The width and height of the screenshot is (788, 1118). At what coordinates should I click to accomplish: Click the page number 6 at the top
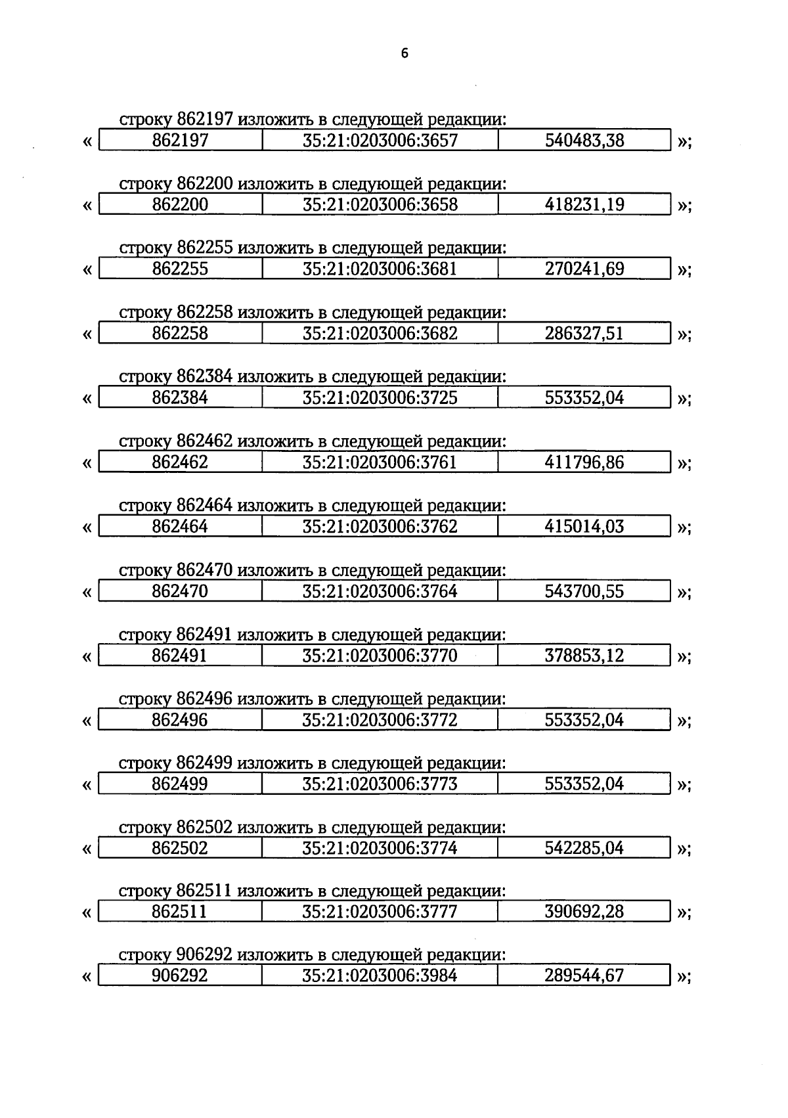tap(405, 54)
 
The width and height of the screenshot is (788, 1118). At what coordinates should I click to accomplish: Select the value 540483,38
tap(584, 140)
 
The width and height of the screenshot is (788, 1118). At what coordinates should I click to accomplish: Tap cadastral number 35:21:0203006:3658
tap(380, 204)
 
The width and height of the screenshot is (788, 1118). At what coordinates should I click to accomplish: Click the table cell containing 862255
tap(180, 269)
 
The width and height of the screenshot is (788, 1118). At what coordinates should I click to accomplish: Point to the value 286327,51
tap(584, 333)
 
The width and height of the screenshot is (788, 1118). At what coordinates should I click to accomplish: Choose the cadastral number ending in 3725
tap(380, 397)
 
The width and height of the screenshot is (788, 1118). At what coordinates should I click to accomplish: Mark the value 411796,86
tap(584, 462)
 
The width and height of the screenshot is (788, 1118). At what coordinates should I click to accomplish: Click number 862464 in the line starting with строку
tap(204, 506)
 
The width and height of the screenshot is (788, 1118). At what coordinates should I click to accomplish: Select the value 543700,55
tap(584, 591)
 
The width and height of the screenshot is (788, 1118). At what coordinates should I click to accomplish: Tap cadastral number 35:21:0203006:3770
tap(380, 656)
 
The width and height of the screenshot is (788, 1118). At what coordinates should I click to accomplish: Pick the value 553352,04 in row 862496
tap(584, 720)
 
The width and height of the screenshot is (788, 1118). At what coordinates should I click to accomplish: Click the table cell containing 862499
tap(180, 784)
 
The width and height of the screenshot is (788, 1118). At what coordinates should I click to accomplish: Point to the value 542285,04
tap(584, 848)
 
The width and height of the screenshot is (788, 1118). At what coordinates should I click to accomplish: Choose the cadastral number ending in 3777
tap(380, 912)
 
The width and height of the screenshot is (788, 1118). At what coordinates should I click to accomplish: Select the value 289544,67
tap(584, 975)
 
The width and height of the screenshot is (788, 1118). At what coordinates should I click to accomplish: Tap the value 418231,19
tap(584, 204)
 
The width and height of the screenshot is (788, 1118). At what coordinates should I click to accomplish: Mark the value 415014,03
tap(584, 526)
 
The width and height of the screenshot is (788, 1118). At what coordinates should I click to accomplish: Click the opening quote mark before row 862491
tap(87, 656)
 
